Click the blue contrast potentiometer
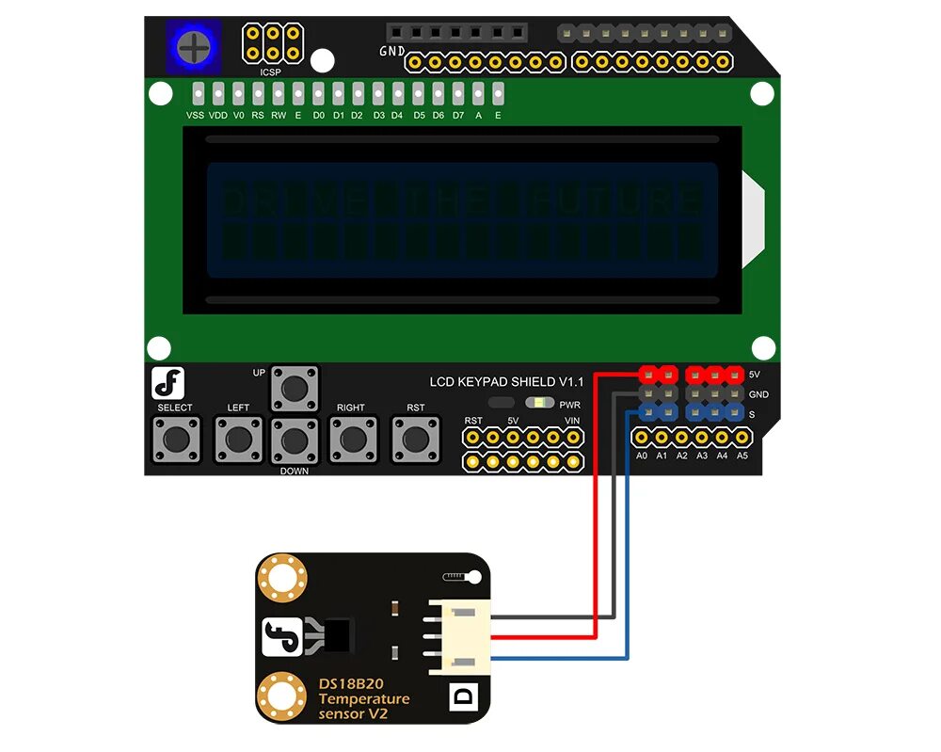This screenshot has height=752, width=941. [x=194, y=44]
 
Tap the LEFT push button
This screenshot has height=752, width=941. [x=238, y=438]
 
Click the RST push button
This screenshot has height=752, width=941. [x=415, y=438]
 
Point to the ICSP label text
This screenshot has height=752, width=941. [x=271, y=72]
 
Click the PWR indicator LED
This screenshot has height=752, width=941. [x=539, y=403]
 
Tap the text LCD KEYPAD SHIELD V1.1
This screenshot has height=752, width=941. [x=506, y=381]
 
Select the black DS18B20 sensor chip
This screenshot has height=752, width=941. [x=339, y=636]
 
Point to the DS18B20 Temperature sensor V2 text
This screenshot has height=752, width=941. [x=363, y=698]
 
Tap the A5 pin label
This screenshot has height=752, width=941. [x=742, y=456]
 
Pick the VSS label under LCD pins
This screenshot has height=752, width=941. [x=195, y=116]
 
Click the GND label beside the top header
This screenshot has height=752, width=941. [x=391, y=51]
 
